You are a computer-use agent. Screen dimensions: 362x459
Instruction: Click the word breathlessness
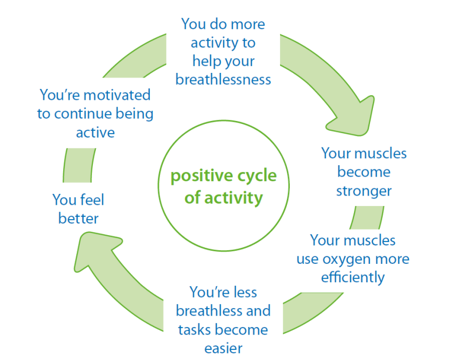pyautogui.click(x=223, y=79)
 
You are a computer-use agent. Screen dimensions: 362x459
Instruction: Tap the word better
pyautogui.click(x=79, y=219)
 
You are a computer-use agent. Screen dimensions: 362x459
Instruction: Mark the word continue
pyautogui.click(x=95, y=114)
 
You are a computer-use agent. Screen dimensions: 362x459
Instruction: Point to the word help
pyautogui.click(x=207, y=61)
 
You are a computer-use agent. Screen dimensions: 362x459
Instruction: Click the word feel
pyautogui.click(x=92, y=200)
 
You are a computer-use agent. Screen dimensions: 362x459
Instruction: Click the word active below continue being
pyautogui.click(x=95, y=133)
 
